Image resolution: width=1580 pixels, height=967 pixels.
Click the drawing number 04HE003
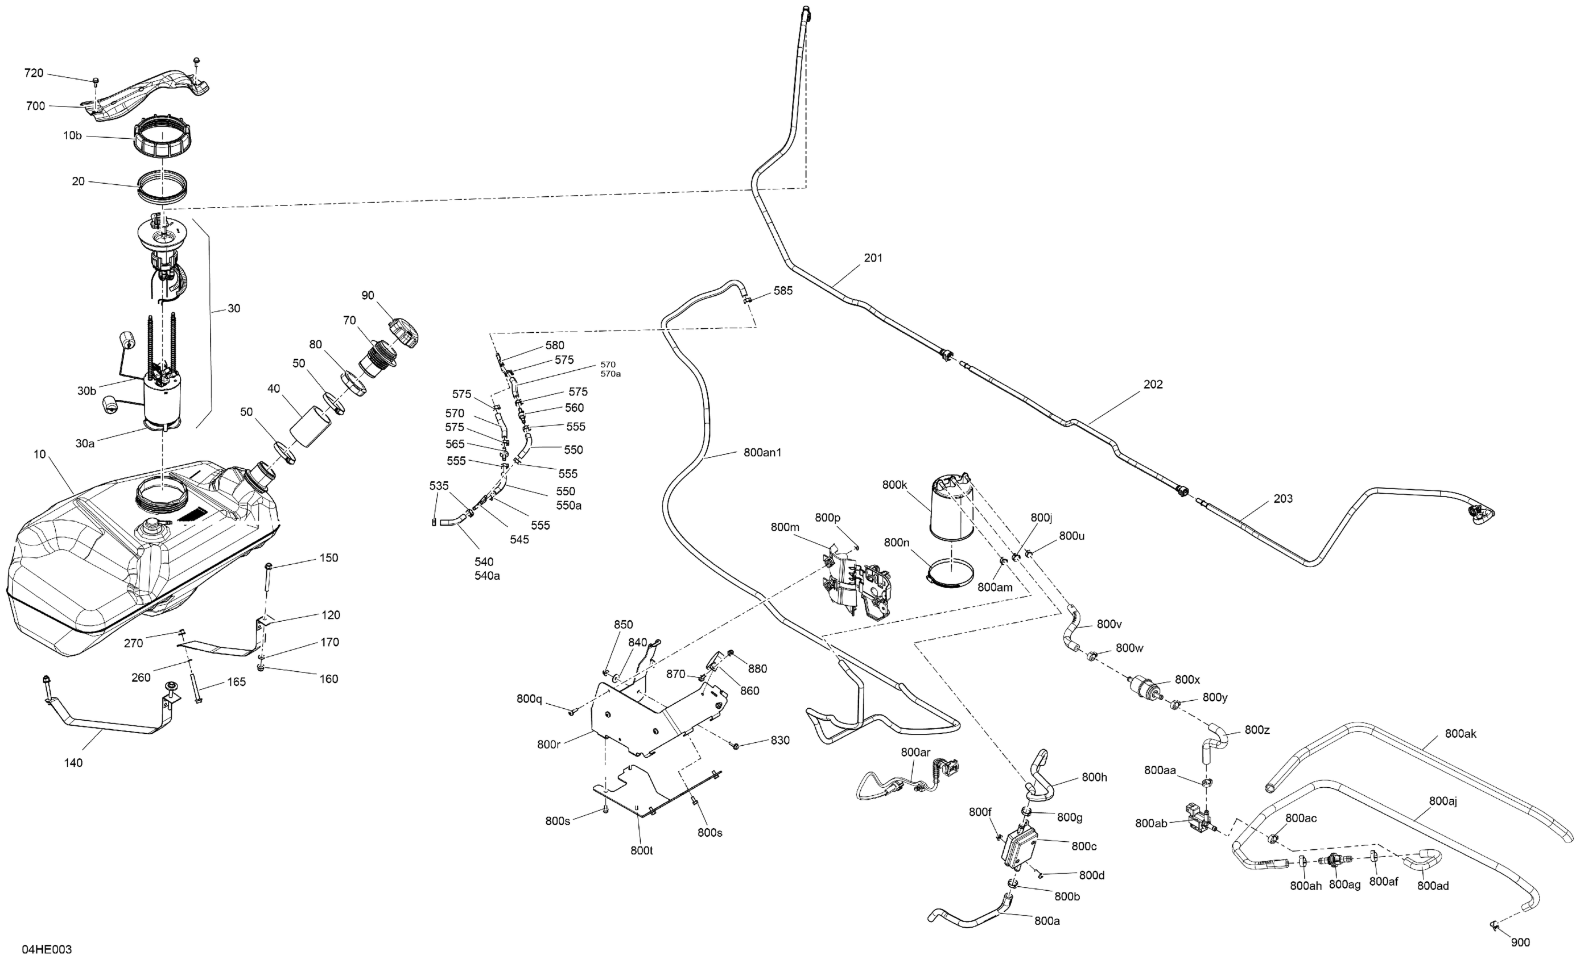click(x=47, y=949)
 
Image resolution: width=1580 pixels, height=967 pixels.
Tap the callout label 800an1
click(x=762, y=452)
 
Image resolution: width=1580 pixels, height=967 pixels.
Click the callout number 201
click(x=873, y=258)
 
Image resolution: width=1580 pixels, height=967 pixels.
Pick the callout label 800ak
click(x=1461, y=734)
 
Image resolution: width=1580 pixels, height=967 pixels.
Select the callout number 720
click(x=34, y=73)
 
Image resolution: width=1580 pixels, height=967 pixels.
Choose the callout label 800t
click(x=641, y=850)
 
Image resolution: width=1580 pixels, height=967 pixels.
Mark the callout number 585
click(x=783, y=291)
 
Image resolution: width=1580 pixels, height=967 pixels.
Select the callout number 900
click(x=1520, y=942)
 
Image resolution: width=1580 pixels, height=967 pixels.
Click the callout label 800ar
click(x=915, y=751)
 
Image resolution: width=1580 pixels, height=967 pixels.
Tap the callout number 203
click(x=1282, y=498)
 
